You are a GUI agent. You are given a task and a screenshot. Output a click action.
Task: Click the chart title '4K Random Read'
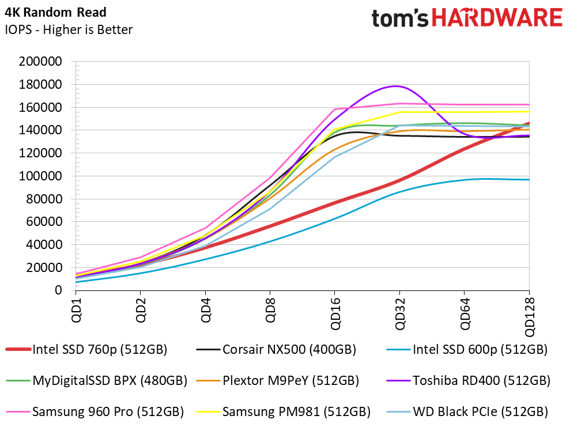pyautogui.click(x=55, y=12)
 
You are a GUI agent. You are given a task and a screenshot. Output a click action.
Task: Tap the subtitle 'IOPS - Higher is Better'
pyautogui.click(x=69, y=29)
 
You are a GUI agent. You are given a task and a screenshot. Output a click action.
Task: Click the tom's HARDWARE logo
pyautogui.click(x=467, y=18)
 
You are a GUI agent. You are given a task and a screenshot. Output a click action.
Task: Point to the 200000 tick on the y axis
pyautogui.click(x=41, y=61)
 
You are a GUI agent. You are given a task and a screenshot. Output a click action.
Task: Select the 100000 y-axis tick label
pyautogui.click(x=41, y=176)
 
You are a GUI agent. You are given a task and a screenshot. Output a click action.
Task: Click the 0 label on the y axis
pyautogui.click(x=58, y=290)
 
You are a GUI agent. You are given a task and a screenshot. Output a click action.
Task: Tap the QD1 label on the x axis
pyautogui.click(x=76, y=310)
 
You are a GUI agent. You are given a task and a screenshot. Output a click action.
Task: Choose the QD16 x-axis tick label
pyautogui.click(x=335, y=313)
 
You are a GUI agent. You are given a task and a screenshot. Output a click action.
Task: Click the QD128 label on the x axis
pyautogui.click(x=529, y=317)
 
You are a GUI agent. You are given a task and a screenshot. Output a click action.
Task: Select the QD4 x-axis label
pyautogui.click(x=205, y=310)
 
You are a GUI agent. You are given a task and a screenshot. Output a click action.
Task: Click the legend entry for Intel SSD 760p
pyautogui.click(x=86, y=349)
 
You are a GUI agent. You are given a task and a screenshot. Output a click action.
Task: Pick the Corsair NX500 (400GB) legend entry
pyautogui.click(x=276, y=349)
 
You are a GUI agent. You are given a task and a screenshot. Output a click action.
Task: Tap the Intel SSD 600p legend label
pyautogui.click(x=467, y=349)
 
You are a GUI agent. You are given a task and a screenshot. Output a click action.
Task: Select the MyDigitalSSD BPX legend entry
pyautogui.click(x=97, y=380)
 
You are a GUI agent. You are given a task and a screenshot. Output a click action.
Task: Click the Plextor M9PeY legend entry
pyautogui.click(x=278, y=380)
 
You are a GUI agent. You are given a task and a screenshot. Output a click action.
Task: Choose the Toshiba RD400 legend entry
pyautogui.click(x=469, y=380)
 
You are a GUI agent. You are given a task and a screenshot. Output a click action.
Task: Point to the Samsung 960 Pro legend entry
pyautogui.click(x=95, y=411)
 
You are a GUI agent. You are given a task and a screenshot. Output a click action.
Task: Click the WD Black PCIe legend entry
pyautogui.click(x=467, y=411)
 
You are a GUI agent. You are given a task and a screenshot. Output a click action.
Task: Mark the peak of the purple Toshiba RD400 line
pyautogui.click(x=395, y=86)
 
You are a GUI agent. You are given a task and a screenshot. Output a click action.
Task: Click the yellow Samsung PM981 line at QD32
pyautogui.click(x=399, y=112)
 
